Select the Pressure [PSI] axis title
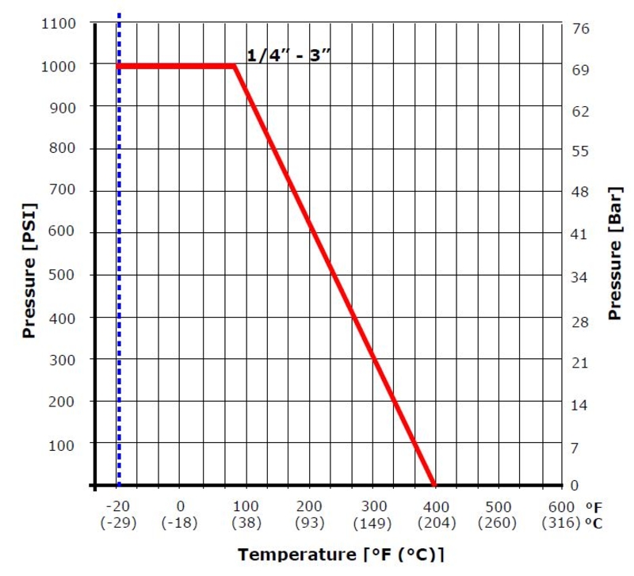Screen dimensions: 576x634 click(30, 269)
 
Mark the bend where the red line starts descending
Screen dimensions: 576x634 click(235, 66)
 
